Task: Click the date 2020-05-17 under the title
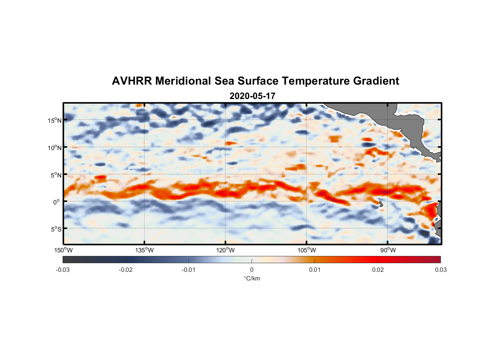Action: click(252, 96)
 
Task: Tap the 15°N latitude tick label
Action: click(55, 120)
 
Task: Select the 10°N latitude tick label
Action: click(55, 148)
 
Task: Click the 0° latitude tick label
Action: click(57, 202)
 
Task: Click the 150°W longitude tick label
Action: click(64, 250)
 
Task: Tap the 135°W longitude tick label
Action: click(145, 250)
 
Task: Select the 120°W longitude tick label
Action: click(226, 250)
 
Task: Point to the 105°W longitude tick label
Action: click(307, 250)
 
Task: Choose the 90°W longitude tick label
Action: click(388, 250)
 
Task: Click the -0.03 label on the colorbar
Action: click(63, 270)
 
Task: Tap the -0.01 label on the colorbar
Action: click(189, 270)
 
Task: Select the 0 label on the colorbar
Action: click(252, 270)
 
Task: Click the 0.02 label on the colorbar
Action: click(378, 270)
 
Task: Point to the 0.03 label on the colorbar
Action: click(440, 270)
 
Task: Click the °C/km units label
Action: click(252, 278)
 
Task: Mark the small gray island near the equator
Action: click(381, 204)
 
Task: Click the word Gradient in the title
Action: click(376, 81)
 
